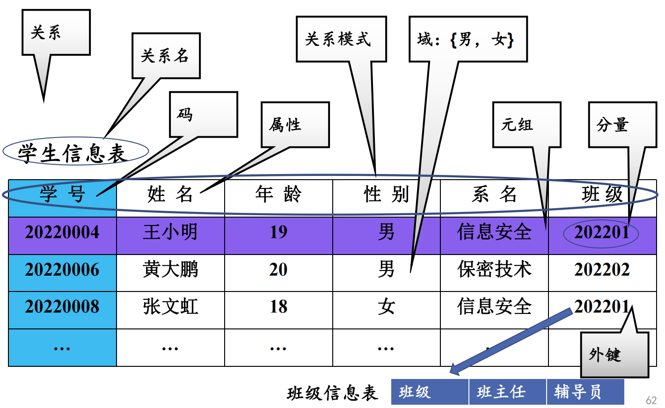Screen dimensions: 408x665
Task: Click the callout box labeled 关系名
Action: [x=166, y=56]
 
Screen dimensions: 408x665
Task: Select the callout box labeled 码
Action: [x=203, y=114]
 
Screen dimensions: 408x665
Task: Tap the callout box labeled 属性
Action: [x=295, y=124]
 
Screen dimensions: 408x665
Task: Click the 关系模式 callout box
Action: [x=341, y=39]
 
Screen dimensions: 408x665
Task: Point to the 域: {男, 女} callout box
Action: [x=468, y=39]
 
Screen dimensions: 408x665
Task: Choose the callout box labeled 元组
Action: [x=526, y=124]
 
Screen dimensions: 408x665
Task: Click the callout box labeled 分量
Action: [x=622, y=124]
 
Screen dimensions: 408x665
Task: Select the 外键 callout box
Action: [x=614, y=355]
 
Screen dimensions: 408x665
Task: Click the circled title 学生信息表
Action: [x=75, y=153]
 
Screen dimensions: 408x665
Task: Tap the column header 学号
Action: [x=62, y=194]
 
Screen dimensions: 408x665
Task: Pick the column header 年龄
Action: [x=278, y=194]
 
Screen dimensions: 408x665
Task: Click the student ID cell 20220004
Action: [x=62, y=232]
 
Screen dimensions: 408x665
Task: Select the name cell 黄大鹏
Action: [x=170, y=270]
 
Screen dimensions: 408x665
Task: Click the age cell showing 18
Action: [x=278, y=307]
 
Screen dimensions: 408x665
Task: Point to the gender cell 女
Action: [x=386, y=307]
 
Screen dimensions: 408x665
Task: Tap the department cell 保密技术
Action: [x=494, y=270]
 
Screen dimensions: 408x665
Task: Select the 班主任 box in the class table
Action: [x=507, y=392]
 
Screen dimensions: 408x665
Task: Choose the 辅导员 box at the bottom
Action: [x=585, y=392]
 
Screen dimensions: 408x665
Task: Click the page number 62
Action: [x=651, y=400]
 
